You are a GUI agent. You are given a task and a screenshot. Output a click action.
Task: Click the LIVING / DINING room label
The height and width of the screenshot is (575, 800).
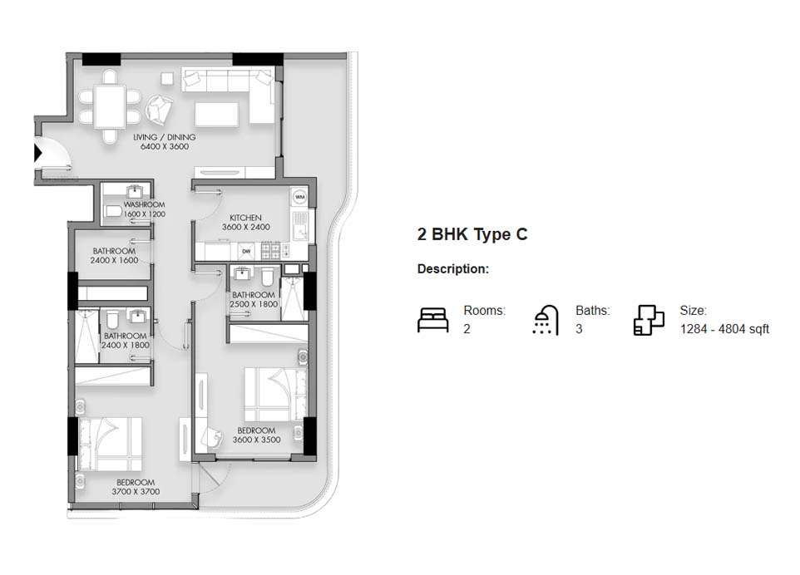pos(165,137)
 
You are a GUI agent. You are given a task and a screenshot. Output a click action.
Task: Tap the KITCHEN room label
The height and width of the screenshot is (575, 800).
pos(245,218)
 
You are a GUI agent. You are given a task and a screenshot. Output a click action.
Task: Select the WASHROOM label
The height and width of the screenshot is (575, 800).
pos(145,204)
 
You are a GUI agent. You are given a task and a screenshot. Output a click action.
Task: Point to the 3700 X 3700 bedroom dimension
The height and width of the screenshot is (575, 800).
pos(136,492)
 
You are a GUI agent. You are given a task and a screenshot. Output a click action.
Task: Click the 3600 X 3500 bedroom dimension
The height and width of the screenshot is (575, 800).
pos(257,440)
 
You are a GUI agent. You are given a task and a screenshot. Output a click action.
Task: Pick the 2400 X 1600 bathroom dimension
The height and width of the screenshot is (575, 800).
pos(114,260)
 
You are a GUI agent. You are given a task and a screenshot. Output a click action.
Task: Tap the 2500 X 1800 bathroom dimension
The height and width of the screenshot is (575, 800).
pos(254,304)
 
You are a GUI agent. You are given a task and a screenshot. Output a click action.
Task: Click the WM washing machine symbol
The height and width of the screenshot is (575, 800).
pos(300,197)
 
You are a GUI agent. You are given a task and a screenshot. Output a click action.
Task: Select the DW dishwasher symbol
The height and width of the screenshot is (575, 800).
pos(246,251)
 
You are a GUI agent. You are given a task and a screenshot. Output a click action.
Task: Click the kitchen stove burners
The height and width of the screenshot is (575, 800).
pos(270,250)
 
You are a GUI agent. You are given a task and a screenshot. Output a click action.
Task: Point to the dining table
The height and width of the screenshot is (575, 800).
pos(110,106)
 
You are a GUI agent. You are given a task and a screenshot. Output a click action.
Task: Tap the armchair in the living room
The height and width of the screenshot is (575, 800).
pos(159,109)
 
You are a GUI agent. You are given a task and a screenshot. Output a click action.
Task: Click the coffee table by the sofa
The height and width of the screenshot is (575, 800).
pos(216,114)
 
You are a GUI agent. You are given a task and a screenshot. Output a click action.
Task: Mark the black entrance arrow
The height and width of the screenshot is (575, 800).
pos(37,152)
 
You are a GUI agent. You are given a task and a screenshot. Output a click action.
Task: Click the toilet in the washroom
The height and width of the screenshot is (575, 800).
pos(113,211)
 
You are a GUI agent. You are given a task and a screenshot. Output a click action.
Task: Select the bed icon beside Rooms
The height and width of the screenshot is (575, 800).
pos(432,320)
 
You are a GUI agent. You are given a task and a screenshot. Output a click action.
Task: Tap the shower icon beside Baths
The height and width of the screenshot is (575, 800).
pos(546,320)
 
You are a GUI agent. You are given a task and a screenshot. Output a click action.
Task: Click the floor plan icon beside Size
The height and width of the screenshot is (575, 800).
pos(649,320)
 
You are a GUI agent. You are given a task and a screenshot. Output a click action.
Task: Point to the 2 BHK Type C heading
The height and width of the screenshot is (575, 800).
pos(472,234)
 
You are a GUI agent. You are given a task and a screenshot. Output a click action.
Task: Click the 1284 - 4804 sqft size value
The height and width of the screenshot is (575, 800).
pos(724,329)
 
